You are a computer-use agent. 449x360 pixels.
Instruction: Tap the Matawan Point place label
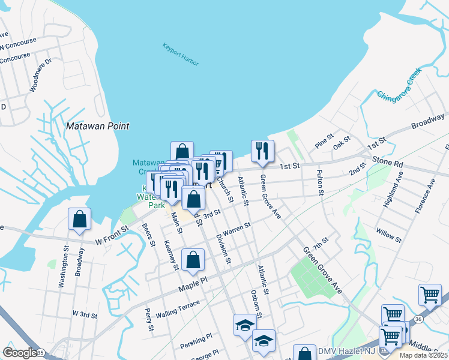coord(97,127)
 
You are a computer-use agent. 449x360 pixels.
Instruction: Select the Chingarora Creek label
coord(400,84)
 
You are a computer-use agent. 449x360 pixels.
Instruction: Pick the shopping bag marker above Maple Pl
coord(193,260)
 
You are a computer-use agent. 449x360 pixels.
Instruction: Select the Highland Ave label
coord(400,187)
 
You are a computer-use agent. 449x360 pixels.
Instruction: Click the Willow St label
coord(388,235)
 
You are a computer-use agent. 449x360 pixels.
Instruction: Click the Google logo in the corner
coord(19,352)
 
